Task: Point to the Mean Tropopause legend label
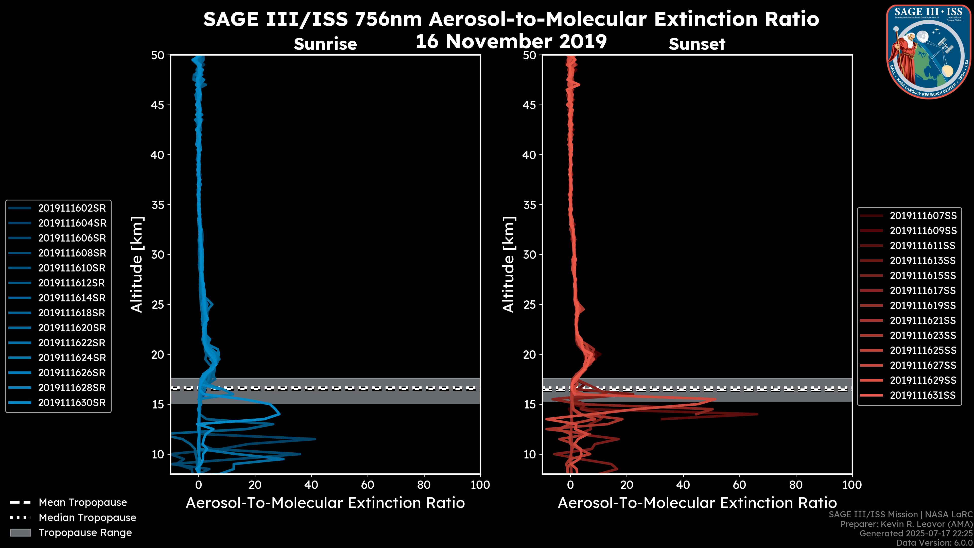(83, 502)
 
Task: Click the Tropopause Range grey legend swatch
(20, 533)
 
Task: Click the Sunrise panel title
(325, 44)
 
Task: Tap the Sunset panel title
(697, 44)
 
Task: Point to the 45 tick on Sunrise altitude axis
(158, 105)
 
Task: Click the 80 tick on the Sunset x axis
(796, 485)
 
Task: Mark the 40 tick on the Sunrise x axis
(311, 485)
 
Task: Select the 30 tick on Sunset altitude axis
(530, 254)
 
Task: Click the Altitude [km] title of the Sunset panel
(509, 264)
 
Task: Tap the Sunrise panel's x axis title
(325, 503)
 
